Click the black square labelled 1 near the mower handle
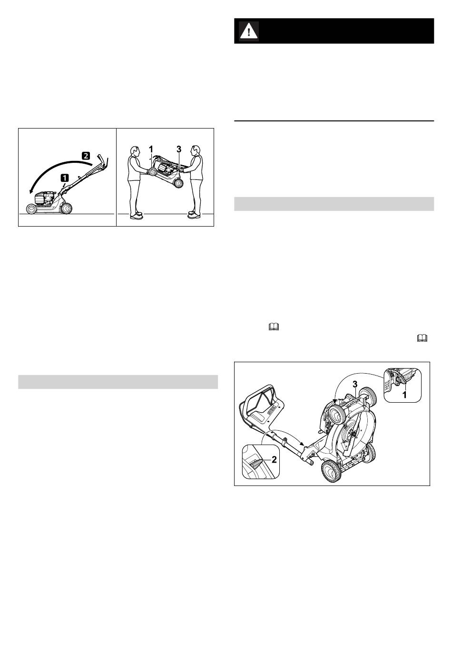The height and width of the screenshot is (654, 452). (x=65, y=177)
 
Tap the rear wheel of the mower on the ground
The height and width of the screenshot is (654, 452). (x=66, y=208)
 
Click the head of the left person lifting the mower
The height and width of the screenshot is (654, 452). (x=134, y=151)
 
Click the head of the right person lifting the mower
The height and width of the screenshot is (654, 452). (x=196, y=150)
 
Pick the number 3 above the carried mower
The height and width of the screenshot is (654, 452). (x=178, y=149)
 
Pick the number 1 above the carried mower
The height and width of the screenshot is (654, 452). (x=151, y=149)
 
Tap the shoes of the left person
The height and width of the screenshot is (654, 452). (x=136, y=215)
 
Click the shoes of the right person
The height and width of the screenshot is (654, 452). (x=194, y=215)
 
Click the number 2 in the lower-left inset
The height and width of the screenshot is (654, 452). (x=274, y=459)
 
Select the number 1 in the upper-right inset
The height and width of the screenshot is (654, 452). (x=404, y=396)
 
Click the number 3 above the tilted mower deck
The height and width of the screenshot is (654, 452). (x=355, y=384)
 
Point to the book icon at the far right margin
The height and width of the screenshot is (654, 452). (x=422, y=338)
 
